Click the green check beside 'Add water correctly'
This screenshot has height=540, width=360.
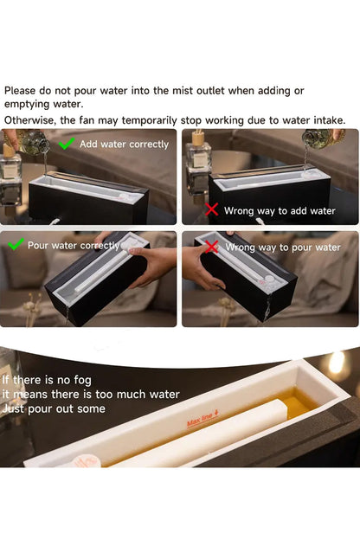click(67, 144)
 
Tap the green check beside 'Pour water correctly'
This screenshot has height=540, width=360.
click(16, 244)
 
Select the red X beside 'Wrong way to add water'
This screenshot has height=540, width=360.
click(211, 209)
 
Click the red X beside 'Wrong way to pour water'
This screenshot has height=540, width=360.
click(212, 247)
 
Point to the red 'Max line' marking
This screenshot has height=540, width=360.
click(202, 418)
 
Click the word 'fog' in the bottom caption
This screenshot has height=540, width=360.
click(83, 381)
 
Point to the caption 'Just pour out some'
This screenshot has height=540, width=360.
click(54, 408)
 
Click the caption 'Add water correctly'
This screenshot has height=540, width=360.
click(124, 145)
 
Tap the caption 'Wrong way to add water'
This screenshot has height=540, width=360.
click(280, 211)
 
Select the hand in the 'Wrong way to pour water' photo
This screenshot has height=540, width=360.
click(202, 265)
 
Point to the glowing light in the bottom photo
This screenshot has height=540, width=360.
click(337, 363)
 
